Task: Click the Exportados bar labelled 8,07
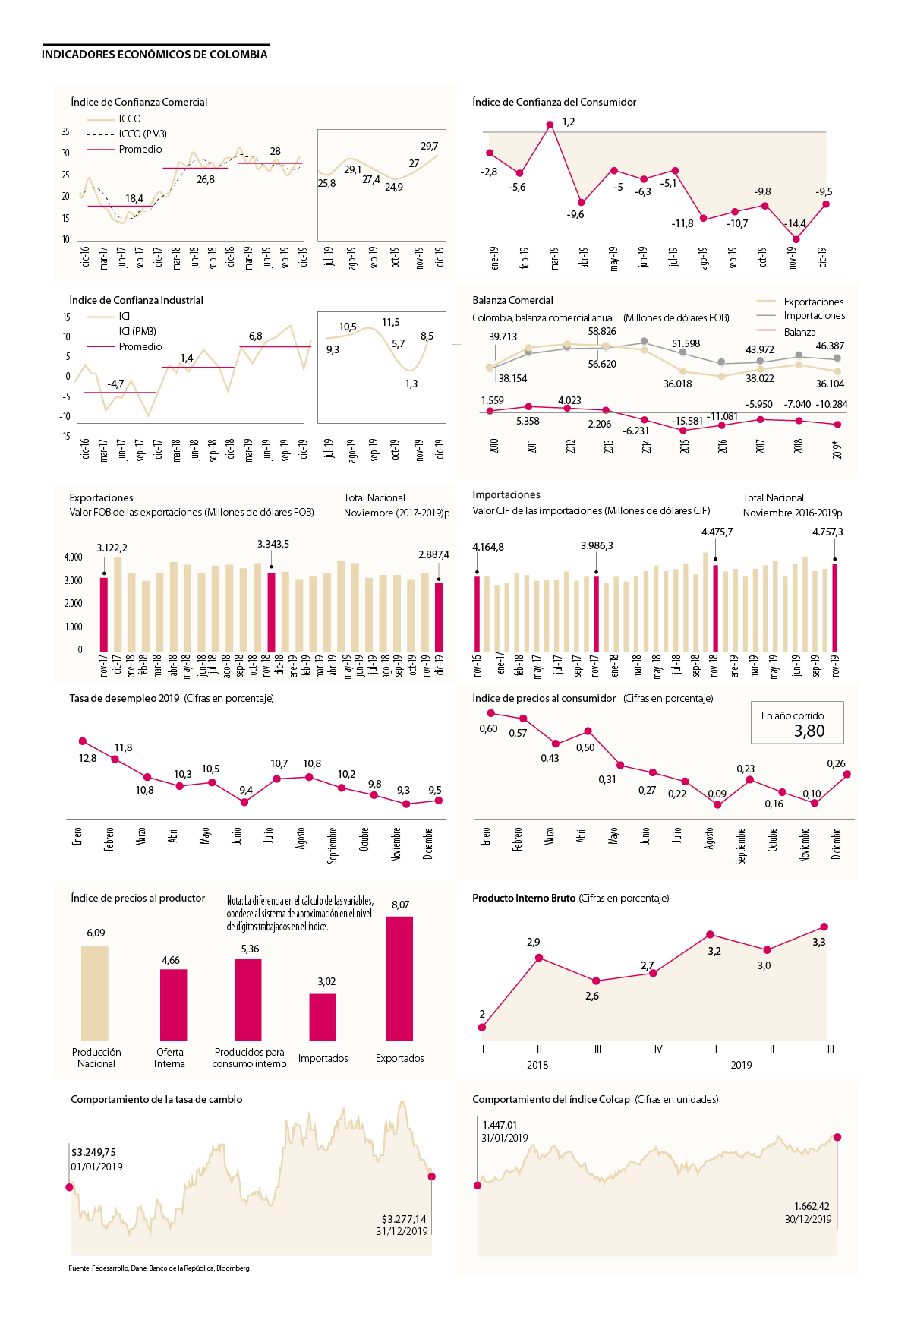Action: click(x=399, y=978)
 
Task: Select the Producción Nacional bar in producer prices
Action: click(x=95, y=993)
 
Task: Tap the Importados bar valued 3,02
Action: click(x=323, y=1017)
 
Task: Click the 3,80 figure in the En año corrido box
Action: click(x=809, y=731)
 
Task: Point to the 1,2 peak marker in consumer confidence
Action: click(x=550, y=125)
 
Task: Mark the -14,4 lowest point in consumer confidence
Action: click(x=796, y=239)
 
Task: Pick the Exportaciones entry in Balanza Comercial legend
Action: click(x=813, y=302)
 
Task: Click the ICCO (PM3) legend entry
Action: click(x=142, y=134)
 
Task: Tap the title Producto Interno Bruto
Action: click(x=524, y=898)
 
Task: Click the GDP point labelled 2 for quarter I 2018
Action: click(x=482, y=1028)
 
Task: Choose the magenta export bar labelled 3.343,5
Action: click(x=271, y=614)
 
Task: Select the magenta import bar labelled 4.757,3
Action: click(x=835, y=607)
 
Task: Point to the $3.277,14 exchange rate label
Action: click(x=404, y=1219)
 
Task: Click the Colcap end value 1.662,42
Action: click(x=812, y=1206)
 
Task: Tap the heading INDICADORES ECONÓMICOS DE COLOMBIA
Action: click(x=155, y=55)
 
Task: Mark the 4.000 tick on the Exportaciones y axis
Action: click(x=74, y=557)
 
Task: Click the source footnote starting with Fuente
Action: click(x=159, y=1268)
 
